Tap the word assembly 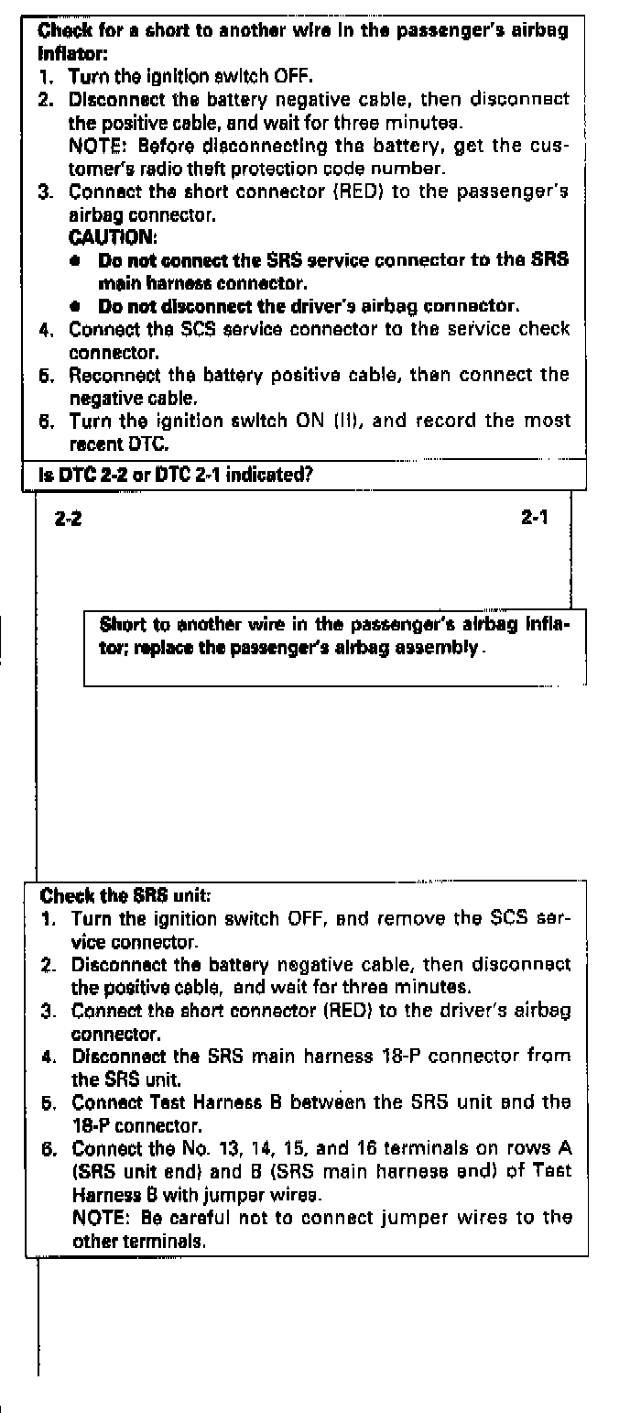pyautogui.click(x=446, y=649)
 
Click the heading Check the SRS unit pyautogui.click(x=113, y=896)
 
